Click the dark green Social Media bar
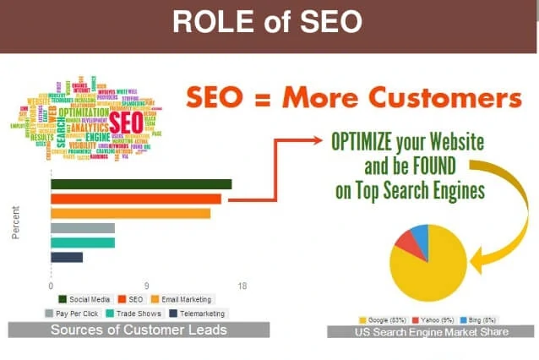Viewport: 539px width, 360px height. point(140,184)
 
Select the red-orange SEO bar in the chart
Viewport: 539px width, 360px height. point(135,199)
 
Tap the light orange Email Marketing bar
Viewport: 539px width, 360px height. point(130,213)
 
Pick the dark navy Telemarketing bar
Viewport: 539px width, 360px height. point(67,257)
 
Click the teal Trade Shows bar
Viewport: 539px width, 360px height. point(83,243)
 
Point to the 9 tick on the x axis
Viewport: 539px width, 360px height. point(146,286)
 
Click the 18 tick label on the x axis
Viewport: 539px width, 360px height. point(242,286)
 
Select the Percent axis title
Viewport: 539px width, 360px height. point(16,223)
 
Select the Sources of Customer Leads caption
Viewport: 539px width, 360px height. point(139,330)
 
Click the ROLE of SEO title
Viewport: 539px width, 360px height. point(269,22)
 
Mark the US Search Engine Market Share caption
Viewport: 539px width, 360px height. point(431,332)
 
